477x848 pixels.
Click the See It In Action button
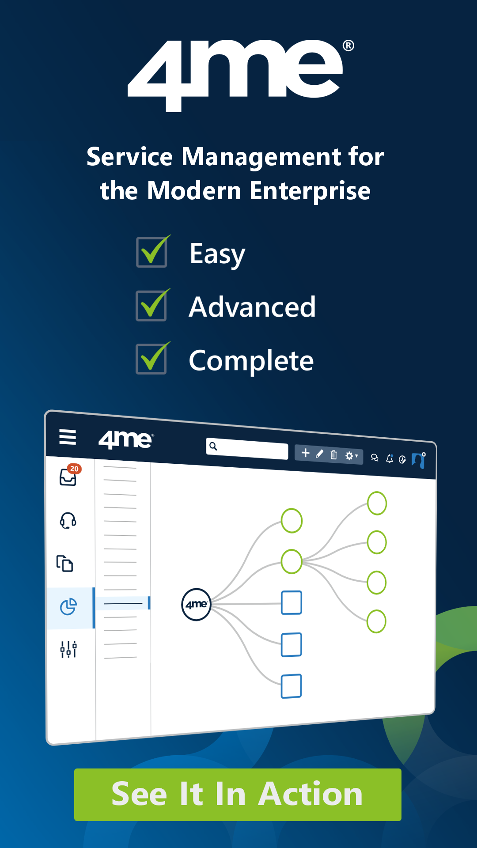pyautogui.click(x=238, y=795)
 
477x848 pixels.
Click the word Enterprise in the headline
pyautogui.click(x=310, y=192)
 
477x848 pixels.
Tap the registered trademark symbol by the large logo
pyautogui.click(x=348, y=45)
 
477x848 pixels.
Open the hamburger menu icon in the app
pyautogui.click(x=68, y=437)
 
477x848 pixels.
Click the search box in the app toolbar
pyautogui.click(x=247, y=449)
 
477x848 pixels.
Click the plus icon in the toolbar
pyautogui.click(x=305, y=453)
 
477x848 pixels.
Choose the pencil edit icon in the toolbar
pyautogui.click(x=320, y=454)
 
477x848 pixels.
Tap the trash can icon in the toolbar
pyautogui.click(x=334, y=454)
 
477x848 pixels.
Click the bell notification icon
pyautogui.click(x=390, y=459)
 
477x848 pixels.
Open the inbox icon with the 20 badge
pyautogui.click(x=69, y=476)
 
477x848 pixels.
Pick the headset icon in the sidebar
pyautogui.click(x=68, y=520)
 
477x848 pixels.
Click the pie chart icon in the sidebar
pyautogui.click(x=68, y=606)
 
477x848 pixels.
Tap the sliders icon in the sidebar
pyautogui.click(x=68, y=649)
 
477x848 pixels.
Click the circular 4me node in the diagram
pyautogui.click(x=197, y=604)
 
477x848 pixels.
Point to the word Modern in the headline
pyautogui.click(x=194, y=191)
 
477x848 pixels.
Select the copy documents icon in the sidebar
pyautogui.click(x=65, y=564)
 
